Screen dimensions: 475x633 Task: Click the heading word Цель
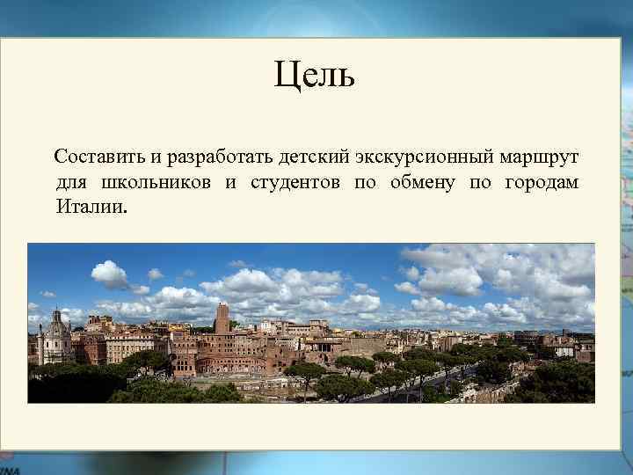(314, 76)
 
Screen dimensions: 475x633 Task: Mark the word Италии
(89, 208)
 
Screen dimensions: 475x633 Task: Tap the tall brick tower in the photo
(222, 318)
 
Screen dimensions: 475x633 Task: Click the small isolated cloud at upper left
(109, 274)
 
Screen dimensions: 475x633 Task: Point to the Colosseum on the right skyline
(527, 338)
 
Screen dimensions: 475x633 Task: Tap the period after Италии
(125, 213)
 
